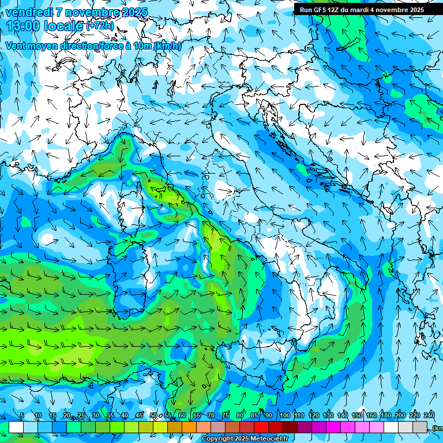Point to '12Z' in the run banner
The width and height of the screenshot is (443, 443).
point(335,9)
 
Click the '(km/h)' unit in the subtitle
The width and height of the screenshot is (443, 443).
point(168,46)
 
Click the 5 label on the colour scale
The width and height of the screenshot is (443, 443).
point(22,416)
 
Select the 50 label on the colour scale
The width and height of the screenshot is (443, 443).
point(153,416)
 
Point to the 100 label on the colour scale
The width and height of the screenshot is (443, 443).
point(284,416)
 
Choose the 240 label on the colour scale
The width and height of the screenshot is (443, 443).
point(429,416)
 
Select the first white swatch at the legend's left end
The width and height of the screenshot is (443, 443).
point(16,427)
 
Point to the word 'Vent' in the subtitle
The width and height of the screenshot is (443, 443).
point(16,46)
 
